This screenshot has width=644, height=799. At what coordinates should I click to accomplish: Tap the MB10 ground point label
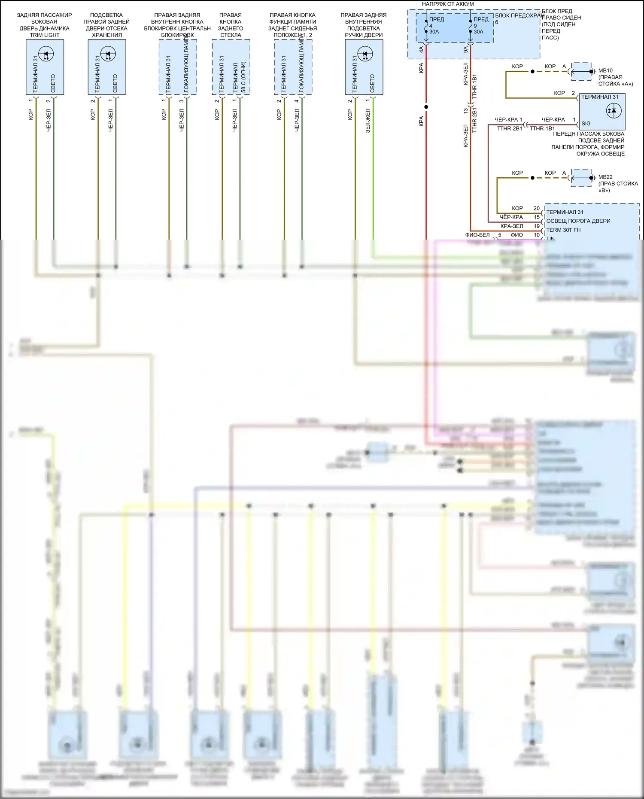click(605, 70)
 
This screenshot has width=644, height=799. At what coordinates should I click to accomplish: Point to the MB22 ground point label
click(605, 177)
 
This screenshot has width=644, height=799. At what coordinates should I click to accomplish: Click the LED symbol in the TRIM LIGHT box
click(45, 54)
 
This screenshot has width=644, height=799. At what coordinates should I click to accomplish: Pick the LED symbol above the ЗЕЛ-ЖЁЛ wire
click(365, 54)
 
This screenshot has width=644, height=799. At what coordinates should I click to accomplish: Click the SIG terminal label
click(586, 124)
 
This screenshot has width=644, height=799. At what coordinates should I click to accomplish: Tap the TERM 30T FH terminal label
click(563, 230)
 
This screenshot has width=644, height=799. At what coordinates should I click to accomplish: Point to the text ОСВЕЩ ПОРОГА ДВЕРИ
click(578, 221)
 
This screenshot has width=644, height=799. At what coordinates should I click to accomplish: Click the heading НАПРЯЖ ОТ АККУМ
click(448, 4)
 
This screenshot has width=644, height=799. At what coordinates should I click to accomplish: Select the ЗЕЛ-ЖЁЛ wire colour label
click(368, 121)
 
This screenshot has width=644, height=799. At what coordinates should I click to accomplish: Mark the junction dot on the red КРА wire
click(426, 107)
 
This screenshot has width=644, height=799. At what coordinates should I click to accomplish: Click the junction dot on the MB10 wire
click(532, 71)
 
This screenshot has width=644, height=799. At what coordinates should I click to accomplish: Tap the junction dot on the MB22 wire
click(532, 178)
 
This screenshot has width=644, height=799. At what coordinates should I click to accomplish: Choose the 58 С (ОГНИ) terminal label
click(243, 77)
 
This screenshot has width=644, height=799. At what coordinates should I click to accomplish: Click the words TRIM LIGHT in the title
click(45, 35)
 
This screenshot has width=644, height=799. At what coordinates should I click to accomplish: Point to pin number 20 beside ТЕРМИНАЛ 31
click(536, 208)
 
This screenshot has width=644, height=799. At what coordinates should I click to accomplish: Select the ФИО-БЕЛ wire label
click(477, 235)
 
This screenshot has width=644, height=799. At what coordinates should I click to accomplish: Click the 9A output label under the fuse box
click(466, 50)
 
